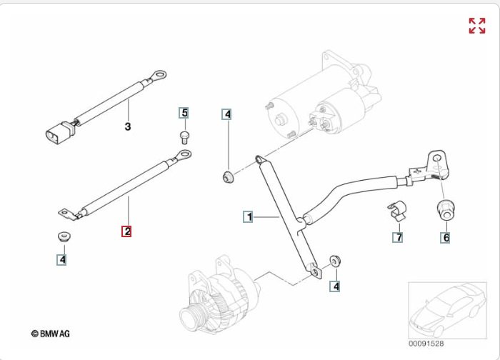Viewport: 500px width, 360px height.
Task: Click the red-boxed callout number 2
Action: (126, 231)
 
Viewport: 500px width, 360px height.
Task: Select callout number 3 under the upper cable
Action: (128, 127)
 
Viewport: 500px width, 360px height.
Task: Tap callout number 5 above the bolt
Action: (184, 113)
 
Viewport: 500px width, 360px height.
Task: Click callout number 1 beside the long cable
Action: (249, 216)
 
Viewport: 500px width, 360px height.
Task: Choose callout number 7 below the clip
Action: (399, 237)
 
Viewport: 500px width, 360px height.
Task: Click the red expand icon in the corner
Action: (476, 26)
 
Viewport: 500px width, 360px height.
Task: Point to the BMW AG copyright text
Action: (50, 334)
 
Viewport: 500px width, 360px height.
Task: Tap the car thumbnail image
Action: (447, 310)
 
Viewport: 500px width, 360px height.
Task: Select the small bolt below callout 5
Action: (184, 135)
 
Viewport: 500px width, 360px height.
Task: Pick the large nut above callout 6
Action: (446, 210)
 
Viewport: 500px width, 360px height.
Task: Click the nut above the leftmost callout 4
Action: (63, 237)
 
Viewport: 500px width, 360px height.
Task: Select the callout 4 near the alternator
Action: (335, 286)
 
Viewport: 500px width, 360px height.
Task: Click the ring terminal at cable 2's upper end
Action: (185, 155)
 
